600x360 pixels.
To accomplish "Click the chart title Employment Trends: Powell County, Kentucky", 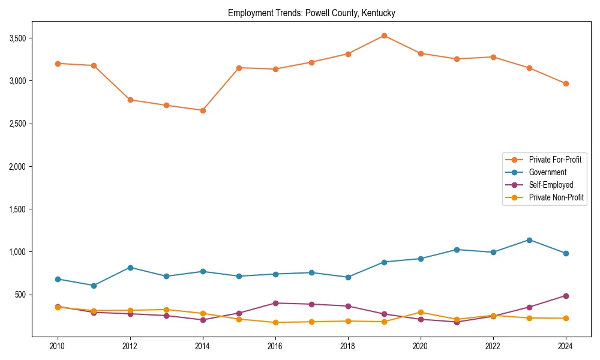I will (311, 13).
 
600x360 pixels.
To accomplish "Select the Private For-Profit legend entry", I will (555, 160).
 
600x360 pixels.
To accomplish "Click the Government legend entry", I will (547, 172).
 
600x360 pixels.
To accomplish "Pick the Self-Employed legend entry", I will (551, 185).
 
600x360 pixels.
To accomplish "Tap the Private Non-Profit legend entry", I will (556, 197).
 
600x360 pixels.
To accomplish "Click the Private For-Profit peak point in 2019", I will (384, 35).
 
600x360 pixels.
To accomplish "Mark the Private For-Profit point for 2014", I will (203, 110).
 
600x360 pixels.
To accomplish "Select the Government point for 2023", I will (529, 240).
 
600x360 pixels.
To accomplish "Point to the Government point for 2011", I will (94, 286).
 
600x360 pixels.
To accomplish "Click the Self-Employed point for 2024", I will (566, 296).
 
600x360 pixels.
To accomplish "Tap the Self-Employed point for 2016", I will (275, 303).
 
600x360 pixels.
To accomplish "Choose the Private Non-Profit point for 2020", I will (421, 312).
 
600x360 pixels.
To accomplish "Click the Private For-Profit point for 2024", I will (566, 83).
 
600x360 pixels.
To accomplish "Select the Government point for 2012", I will (130, 268).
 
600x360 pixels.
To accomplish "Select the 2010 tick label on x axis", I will (58, 346).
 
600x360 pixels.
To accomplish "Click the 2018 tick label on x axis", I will (348, 346).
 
